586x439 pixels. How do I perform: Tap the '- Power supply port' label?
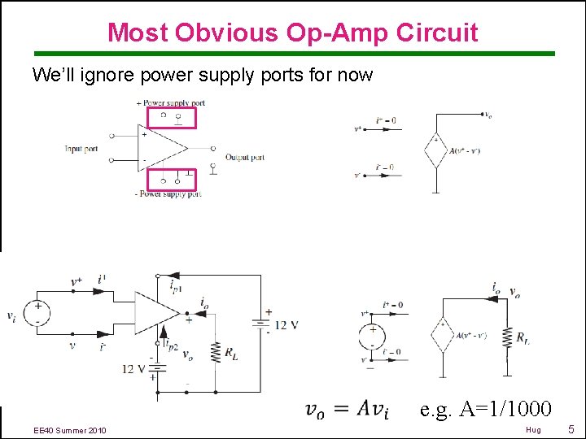[168, 193]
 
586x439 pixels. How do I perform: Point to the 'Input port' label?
[82, 149]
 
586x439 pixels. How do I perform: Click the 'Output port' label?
[245, 157]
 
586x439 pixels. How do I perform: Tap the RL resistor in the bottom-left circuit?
[216, 351]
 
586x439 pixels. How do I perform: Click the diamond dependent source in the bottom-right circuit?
[443, 334]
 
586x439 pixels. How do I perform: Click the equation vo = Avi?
[346, 410]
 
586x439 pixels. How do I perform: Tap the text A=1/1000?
[486, 408]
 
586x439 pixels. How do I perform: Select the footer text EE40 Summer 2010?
[69, 429]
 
